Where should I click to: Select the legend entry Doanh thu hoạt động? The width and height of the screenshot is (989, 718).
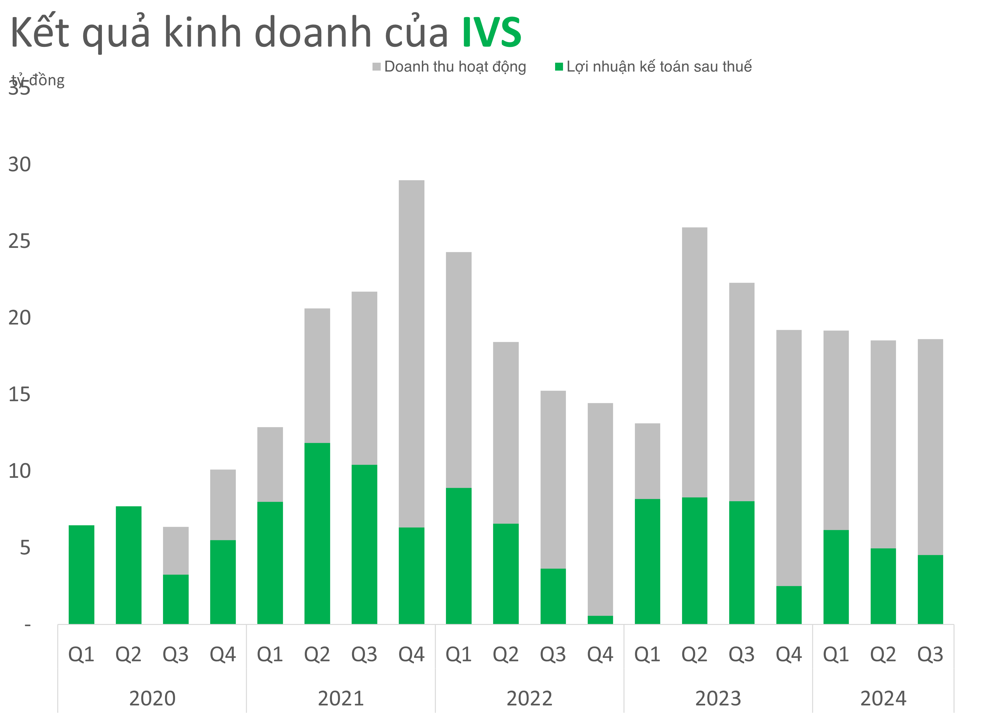click(x=454, y=67)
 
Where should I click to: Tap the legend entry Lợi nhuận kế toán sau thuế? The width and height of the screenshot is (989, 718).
click(x=659, y=67)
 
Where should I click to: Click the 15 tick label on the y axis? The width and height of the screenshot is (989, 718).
click(x=20, y=395)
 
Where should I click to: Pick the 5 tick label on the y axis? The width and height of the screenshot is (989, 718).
click(x=25, y=548)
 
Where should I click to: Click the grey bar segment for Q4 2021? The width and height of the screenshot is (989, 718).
click(x=411, y=353)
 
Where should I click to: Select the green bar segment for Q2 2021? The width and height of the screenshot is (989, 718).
click(x=317, y=533)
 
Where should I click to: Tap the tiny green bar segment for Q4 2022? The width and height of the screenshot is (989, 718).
click(x=600, y=620)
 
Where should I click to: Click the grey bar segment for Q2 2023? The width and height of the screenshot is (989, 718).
click(x=694, y=362)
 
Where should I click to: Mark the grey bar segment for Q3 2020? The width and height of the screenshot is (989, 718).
click(x=176, y=551)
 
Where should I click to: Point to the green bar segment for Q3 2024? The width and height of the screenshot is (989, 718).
click(x=930, y=589)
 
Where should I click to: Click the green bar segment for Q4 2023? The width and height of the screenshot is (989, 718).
click(x=788, y=605)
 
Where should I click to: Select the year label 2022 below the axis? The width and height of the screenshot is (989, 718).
click(x=529, y=698)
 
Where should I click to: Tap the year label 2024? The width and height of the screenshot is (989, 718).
click(x=883, y=698)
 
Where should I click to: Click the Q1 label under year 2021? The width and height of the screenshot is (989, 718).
click(x=270, y=654)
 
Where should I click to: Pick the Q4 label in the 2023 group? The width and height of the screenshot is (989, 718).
click(x=788, y=654)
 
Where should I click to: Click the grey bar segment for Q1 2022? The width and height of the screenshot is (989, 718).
click(x=458, y=370)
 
